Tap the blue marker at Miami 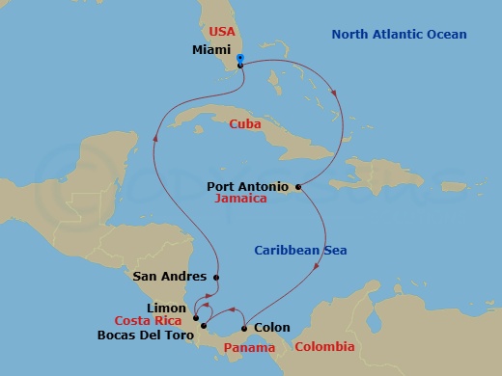click(239, 58)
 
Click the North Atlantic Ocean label click(399, 35)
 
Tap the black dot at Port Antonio click(298, 186)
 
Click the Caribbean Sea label click(300, 251)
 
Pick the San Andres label click(171, 277)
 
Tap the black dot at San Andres click(216, 278)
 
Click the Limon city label click(167, 308)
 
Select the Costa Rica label click(150, 321)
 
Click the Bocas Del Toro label click(144, 336)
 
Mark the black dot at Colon click(244, 328)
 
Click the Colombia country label click(324, 347)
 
